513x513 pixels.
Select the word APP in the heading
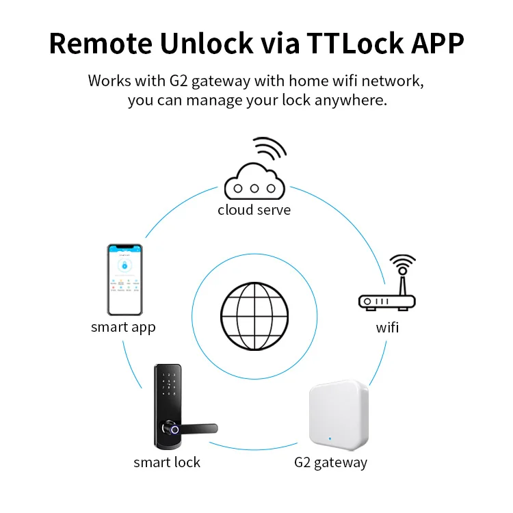433,43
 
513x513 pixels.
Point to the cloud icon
254,181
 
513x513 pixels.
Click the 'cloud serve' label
254,210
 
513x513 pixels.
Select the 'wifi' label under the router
387,328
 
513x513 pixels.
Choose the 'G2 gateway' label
330,462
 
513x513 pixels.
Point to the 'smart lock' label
167,462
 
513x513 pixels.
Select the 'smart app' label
123,327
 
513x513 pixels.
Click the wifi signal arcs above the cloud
269,148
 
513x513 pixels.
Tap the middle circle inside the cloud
254,187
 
